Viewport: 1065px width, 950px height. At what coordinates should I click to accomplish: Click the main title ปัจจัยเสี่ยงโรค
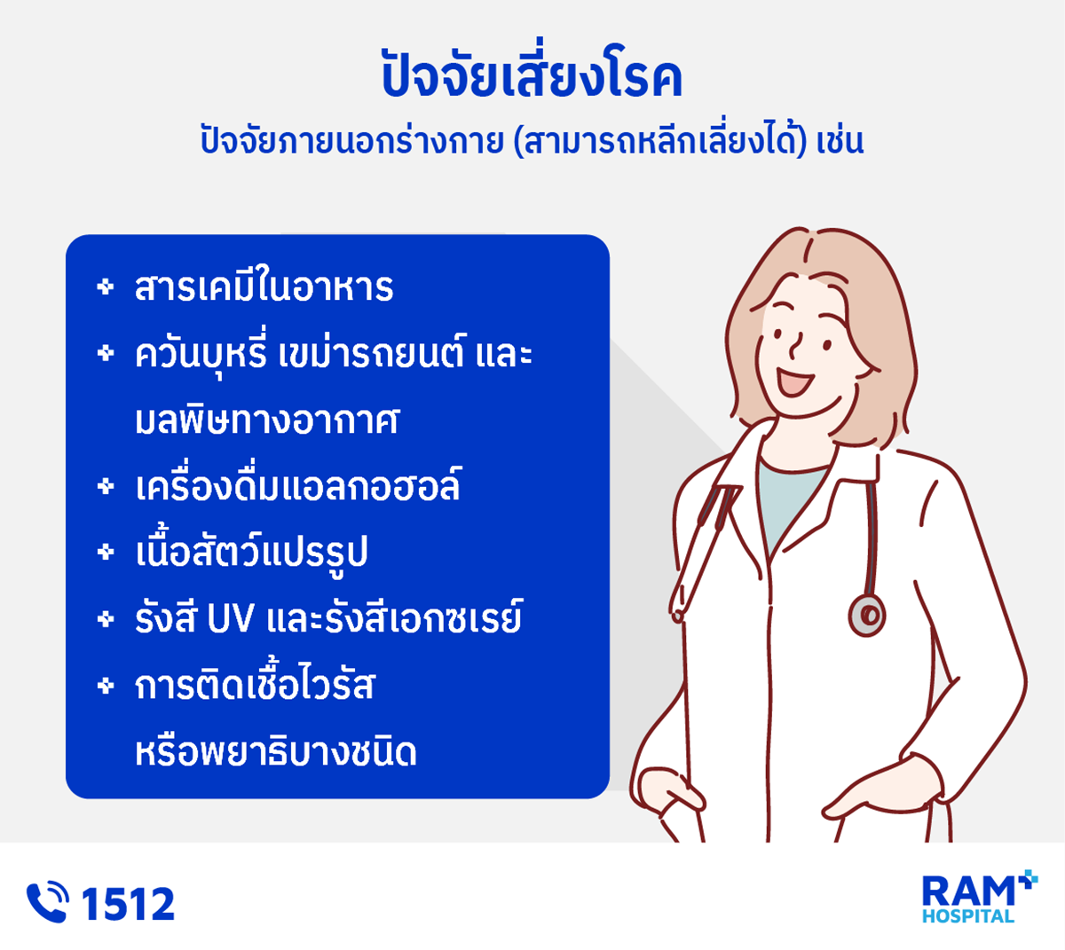[x=532, y=73]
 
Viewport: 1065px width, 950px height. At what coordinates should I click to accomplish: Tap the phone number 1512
[x=129, y=904]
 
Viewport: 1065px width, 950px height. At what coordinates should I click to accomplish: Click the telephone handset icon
[x=47, y=902]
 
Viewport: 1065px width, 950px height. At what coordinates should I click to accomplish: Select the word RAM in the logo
[x=967, y=892]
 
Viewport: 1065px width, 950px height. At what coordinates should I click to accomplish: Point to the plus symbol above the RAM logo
[x=1028, y=880]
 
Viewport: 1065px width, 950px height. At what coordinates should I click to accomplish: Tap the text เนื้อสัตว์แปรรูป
[x=251, y=552]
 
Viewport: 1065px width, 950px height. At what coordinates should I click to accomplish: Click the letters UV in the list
[x=231, y=618]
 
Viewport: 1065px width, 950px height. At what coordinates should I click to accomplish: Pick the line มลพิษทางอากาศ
[x=267, y=420]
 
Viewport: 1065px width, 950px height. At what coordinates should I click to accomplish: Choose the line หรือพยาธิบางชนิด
[x=275, y=752]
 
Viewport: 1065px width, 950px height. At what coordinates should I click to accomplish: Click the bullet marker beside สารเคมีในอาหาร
[x=106, y=287]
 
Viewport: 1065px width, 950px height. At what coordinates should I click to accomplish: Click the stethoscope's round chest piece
[x=867, y=615]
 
